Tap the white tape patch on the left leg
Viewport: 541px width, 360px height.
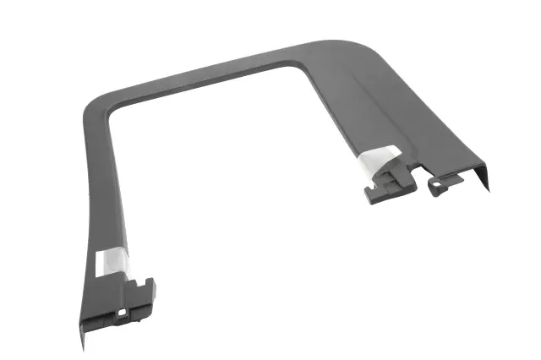point(112,259)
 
